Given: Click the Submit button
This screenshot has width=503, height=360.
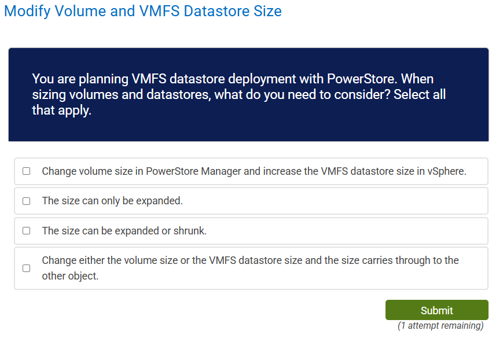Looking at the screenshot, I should (x=436, y=310).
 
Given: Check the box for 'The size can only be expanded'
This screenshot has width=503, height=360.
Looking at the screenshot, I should (x=26, y=201).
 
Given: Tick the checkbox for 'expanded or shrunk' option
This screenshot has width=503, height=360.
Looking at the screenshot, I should (x=26, y=230).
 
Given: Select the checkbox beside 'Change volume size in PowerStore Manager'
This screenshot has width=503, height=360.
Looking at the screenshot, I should (x=26, y=171).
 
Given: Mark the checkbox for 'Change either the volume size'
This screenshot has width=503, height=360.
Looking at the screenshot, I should (x=26, y=268).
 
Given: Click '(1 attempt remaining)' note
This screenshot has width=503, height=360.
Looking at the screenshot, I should (x=440, y=326).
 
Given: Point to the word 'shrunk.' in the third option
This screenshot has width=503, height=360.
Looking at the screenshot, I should (x=190, y=231).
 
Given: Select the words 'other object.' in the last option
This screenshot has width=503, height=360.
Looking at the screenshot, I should (x=70, y=276).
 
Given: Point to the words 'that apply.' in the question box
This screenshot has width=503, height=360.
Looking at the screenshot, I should (x=61, y=110).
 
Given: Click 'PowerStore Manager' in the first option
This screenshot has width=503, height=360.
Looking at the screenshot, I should (x=189, y=171).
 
